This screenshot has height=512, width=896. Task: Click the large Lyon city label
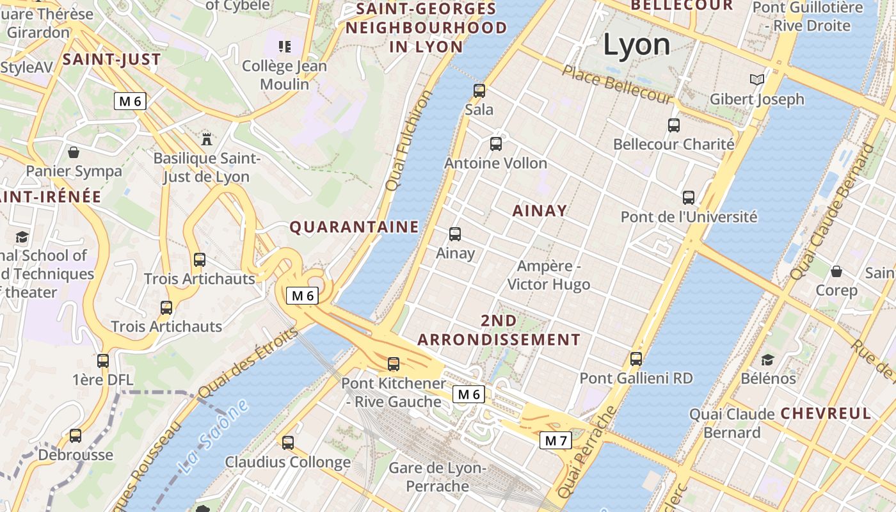coord(637,45)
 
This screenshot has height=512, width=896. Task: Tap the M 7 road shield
coord(556,440)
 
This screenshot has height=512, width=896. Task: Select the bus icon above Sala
coord(479,91)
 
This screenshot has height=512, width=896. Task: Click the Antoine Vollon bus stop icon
coord(496,144)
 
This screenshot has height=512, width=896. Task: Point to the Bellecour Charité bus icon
coord(674,125)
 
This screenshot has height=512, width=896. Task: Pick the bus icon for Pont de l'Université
coord(689,198)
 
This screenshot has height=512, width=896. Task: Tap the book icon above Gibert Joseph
coord(757,80)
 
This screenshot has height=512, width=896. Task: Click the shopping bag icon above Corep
coord(836,271)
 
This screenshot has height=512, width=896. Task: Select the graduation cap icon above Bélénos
coord(767,360)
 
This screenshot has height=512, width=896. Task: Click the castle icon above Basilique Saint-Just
coord(206,138)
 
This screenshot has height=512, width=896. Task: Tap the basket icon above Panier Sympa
coord(74,152)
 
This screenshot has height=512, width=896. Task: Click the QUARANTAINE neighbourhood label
coord(354,227)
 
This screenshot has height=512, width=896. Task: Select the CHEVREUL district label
coord(826,413)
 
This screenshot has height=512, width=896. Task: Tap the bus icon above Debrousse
coord(76,436)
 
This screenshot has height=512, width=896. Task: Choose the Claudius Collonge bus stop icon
coord(288,442)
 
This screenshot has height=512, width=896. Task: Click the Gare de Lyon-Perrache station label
coord(438,477)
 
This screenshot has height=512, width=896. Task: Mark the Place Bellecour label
coord(617,84)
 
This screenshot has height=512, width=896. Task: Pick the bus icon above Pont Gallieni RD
coord(636,359)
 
